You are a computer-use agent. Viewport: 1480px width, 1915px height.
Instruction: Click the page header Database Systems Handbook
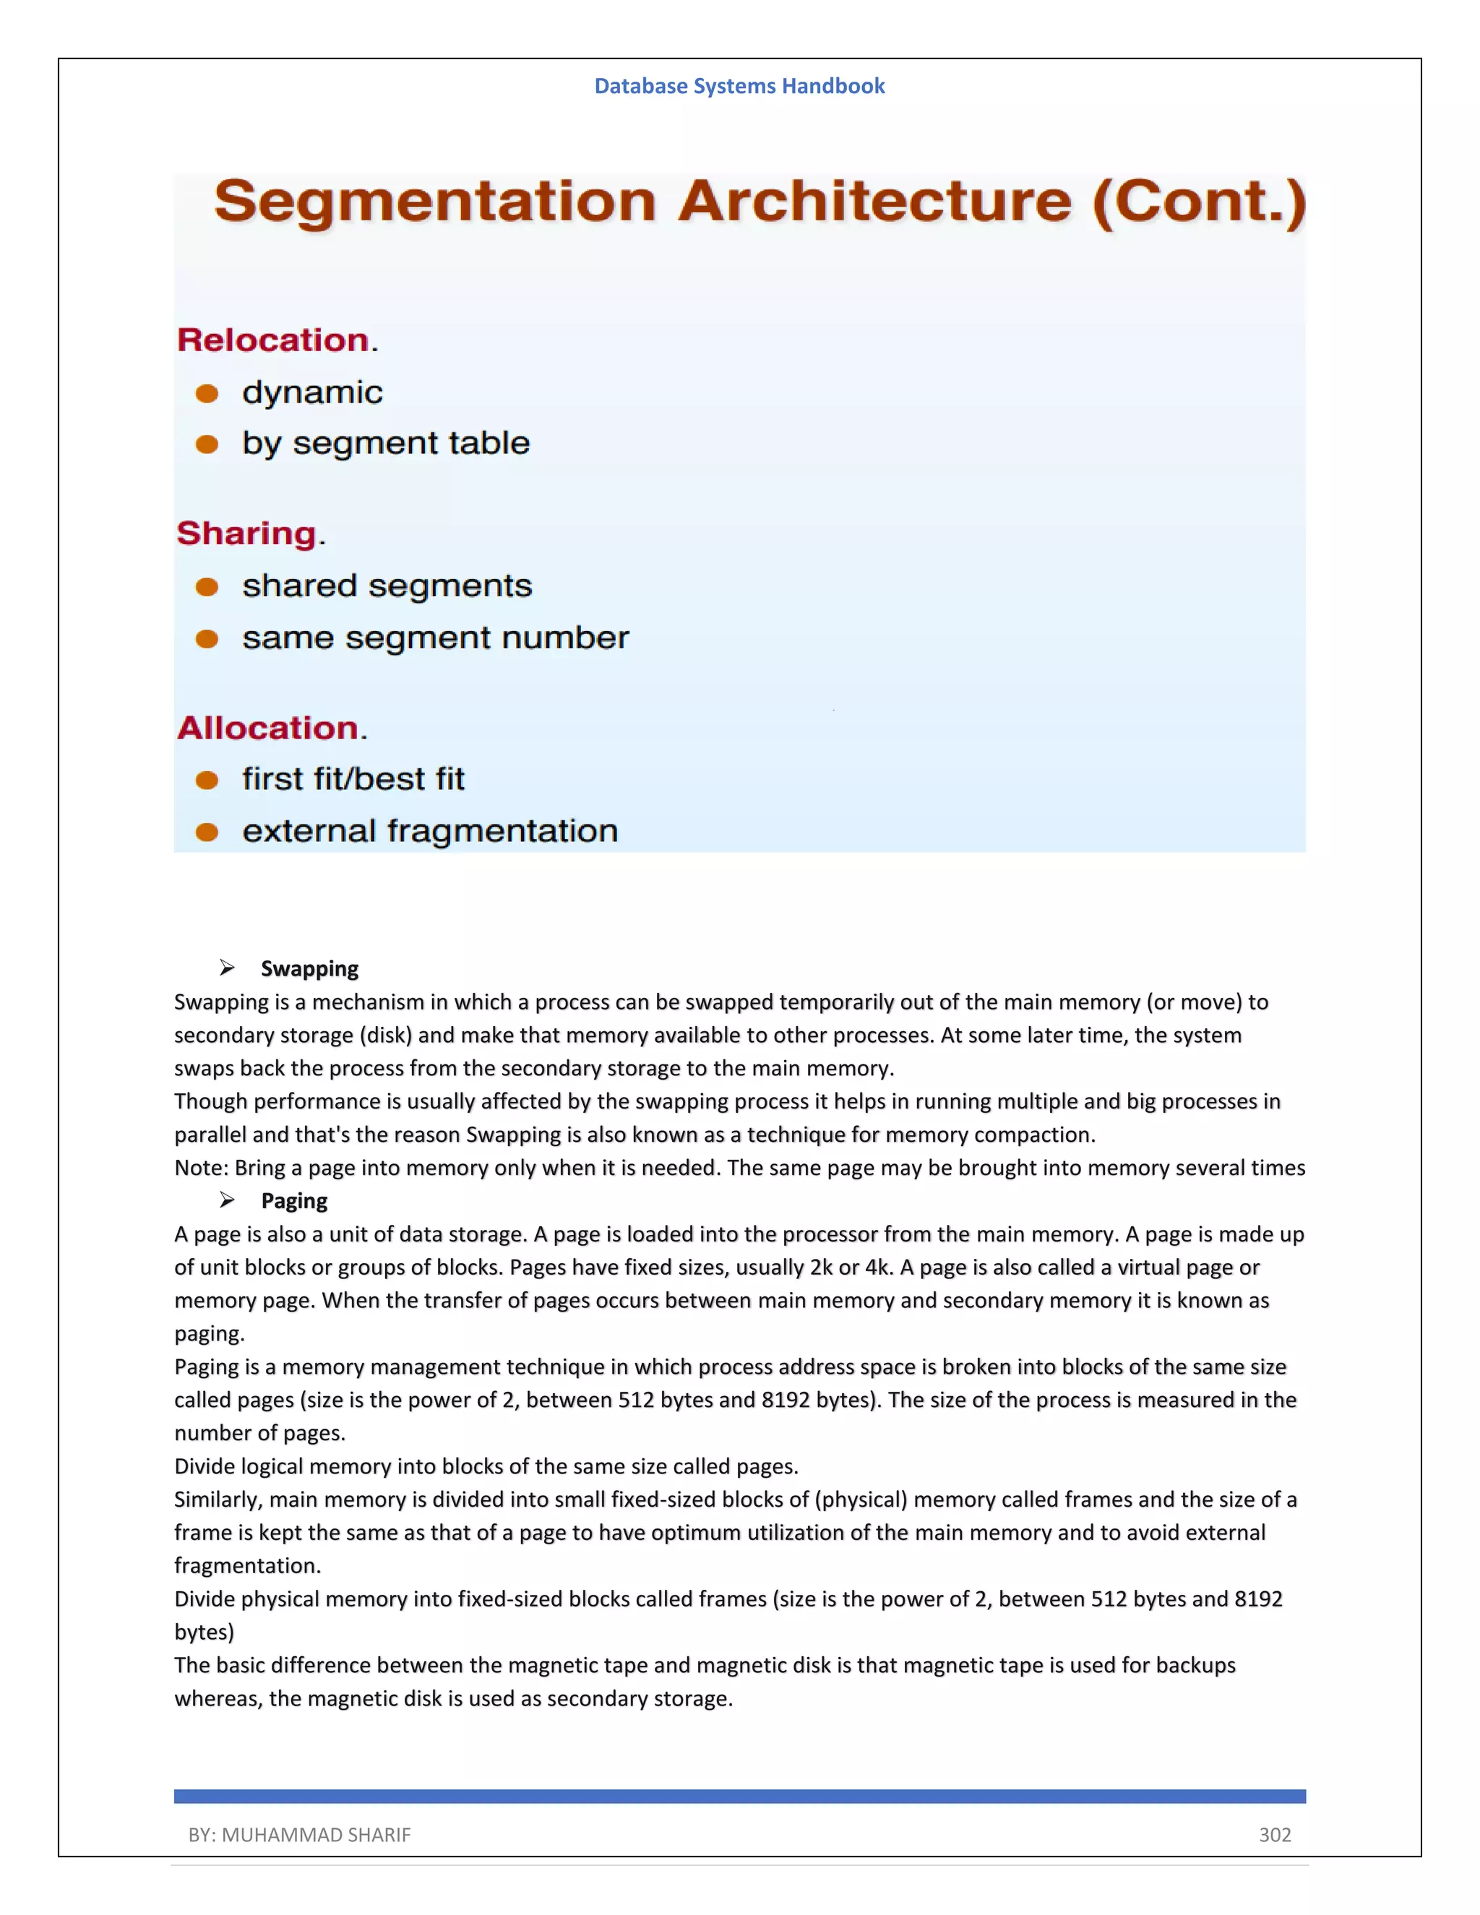(739, 86)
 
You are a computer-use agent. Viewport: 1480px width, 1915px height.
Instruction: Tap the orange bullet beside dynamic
(207, 394)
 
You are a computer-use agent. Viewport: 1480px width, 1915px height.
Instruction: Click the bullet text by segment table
(386, 444)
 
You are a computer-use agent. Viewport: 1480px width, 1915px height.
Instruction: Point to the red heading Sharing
(247, 533)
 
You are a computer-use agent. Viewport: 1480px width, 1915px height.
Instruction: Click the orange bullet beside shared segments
(207, 587)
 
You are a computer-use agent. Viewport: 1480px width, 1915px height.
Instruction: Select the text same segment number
(436, 637)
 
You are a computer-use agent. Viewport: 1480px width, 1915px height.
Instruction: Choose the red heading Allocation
(268, 728)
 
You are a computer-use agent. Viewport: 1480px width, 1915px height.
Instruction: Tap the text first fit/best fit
(353, 778)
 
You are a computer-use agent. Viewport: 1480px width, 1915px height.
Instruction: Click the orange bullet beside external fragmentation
(207, 832)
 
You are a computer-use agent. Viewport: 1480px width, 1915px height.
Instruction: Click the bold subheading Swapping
(309, 969)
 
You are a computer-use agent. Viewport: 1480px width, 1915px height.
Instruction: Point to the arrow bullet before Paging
(227, 1200)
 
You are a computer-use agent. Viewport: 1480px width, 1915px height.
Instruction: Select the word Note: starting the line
(201, 1168)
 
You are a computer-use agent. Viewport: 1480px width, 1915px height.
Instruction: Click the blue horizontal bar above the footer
(739, 1796)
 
